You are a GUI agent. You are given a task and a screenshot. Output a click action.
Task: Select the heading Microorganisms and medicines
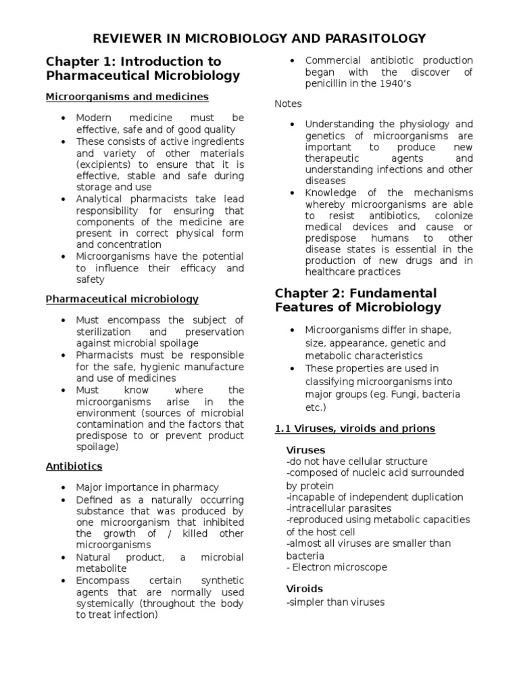pos(127,97)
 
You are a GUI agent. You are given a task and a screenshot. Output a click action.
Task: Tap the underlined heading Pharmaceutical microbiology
pos(122,298)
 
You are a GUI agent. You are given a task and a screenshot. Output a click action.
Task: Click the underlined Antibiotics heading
pos(74,466)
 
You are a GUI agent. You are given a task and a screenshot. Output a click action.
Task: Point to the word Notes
pos(289,104)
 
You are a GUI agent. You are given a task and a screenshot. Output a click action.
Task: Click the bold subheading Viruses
pos(305,450)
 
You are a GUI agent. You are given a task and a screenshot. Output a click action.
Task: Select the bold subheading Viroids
pos(305,589)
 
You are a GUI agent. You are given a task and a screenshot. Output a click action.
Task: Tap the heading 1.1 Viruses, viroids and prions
pos(355,428)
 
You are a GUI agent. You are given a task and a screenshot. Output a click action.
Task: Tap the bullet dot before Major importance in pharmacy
pos(63,487)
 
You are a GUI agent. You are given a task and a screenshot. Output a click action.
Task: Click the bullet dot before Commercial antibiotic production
pos(291,61)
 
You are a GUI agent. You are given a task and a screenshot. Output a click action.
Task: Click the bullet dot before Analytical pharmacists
pos(63,199)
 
